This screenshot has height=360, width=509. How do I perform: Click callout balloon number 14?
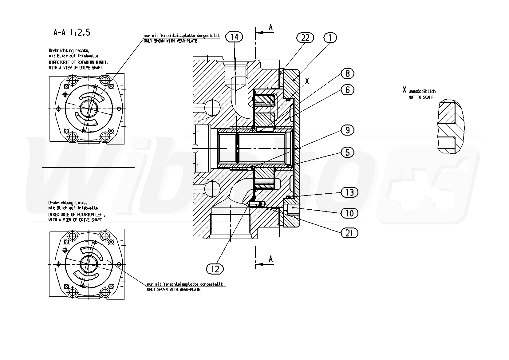click(x=234, y=37)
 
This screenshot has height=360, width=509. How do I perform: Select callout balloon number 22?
click(x=305, y=38)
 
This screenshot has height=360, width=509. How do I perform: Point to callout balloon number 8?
click(x=347, y=73)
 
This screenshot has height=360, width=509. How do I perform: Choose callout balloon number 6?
click(x=347, y=90)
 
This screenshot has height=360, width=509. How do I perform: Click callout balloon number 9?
click(x=347, y=130)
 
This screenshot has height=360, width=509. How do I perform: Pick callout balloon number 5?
click(x=347, y=152)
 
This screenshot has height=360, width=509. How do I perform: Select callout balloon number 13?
click(x=349, y=192)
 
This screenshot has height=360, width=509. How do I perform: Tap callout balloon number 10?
click(x=349, y=213)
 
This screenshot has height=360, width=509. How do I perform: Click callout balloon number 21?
click(x=349, y=233)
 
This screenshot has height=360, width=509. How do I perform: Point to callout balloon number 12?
click(x=215, y=269)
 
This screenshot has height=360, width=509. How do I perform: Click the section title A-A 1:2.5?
click(x=72, y=33)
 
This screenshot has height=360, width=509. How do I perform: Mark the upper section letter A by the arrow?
click(x=271, y=28)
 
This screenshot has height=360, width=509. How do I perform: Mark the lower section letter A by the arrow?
click(x=271, y=259)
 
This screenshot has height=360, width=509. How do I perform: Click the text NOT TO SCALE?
click(x=421, y=97)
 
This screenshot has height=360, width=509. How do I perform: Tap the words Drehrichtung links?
click(x=68, y=203)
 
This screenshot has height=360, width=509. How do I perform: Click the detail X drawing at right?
click(x=451, y=127)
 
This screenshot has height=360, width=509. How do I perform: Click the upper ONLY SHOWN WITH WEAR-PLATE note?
click(x=170, y=41)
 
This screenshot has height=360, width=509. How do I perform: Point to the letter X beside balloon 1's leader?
click(x=307, y=81)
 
